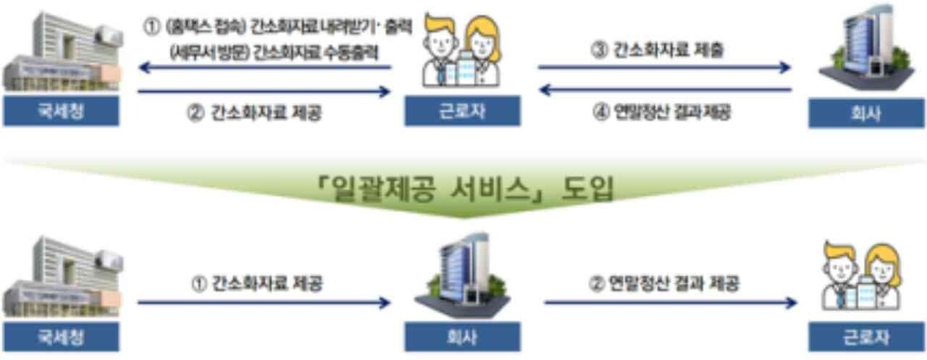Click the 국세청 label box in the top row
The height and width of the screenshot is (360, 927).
[61, 113]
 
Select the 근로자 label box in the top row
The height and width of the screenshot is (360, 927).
[462, 113]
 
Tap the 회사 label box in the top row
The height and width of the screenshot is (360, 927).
[865, 114]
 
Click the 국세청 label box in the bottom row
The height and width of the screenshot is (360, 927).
[61, 337]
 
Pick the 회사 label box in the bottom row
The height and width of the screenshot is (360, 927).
[462, 337]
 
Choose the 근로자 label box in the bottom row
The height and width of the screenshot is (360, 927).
[865, 337]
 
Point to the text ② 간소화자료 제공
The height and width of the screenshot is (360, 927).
[255, 113]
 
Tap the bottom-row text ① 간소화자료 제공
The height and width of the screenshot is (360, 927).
[257, 284]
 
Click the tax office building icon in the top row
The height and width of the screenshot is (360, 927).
[61, 54]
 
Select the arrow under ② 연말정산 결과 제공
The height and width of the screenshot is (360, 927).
[670, 302]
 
